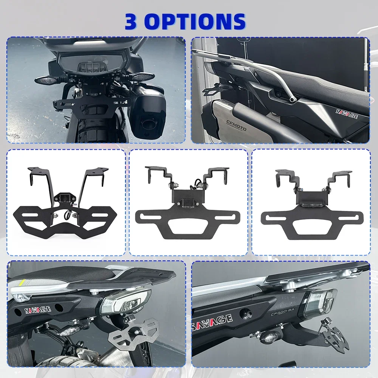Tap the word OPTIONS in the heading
pos(196,22)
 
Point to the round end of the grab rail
pos(292,99)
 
